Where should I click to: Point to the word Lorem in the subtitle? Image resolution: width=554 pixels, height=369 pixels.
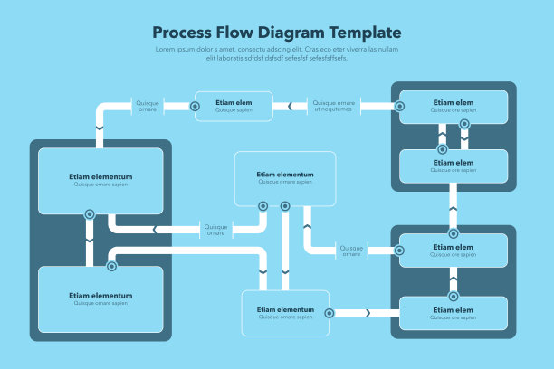[x=166, y=50]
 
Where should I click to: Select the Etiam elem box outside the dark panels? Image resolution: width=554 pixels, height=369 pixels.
[x=234, y=106]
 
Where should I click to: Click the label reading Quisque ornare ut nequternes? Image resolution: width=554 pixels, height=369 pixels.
[x=333, y=106]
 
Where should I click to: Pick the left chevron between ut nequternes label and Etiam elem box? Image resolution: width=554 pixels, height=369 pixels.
[x=290, y=106]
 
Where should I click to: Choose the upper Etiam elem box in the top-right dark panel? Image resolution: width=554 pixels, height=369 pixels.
[x=453, y=106]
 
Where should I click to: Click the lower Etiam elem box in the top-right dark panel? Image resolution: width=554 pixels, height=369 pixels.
[x=453, y=166]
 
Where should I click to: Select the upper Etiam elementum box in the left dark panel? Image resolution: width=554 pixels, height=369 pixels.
[x=100, y=180]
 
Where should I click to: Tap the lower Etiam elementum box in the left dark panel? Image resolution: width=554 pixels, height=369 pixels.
[x=100, y=298]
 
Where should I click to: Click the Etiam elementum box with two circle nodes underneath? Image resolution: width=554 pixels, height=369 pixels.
[x=285, y=178]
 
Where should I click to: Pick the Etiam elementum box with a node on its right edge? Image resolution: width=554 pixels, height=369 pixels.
[x=285, y=313]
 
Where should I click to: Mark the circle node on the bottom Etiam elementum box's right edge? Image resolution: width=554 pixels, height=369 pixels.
[x=329, y=313]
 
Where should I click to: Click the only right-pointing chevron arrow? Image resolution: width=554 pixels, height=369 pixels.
[x=368, y=313]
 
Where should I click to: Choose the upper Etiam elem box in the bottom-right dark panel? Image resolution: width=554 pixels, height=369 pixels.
[x=453, y=250]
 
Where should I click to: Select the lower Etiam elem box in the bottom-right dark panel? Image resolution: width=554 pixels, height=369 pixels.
[x=453, y=313]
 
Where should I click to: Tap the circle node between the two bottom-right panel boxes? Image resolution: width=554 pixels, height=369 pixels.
[x=454, y=296]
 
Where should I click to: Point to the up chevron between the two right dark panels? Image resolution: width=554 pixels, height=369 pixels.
[x=453, y=209]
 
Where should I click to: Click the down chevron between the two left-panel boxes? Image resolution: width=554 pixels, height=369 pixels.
[x=90, y=241]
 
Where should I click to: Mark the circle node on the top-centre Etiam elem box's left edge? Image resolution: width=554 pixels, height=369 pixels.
[x=196, y=106]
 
